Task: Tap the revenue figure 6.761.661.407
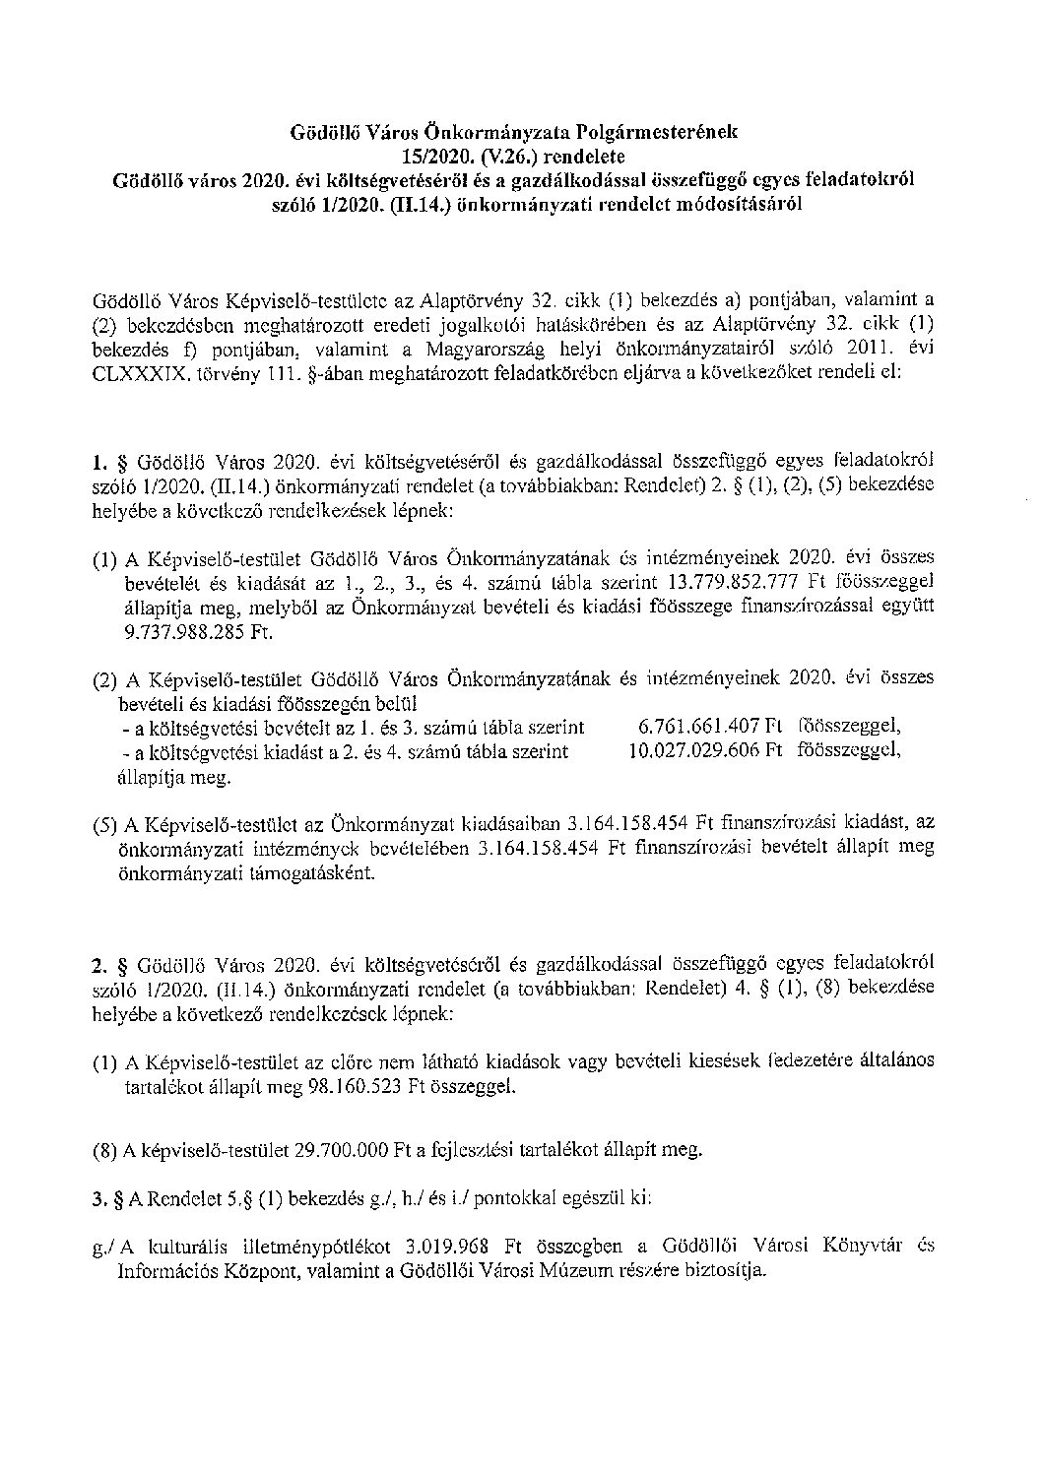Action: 700,727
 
